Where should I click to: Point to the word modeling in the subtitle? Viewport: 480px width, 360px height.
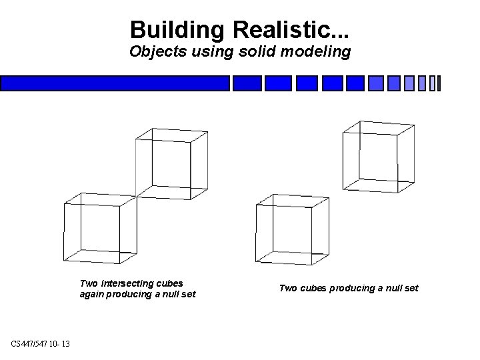(316, 51)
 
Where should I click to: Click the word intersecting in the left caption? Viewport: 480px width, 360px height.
(127, 283)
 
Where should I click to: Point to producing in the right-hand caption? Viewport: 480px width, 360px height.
(341, 288)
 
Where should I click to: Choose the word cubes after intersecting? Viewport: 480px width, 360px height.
(169, 283)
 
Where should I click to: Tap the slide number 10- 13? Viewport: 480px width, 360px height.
(64, 343)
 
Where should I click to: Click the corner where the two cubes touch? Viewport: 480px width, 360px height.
(136, 195)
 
